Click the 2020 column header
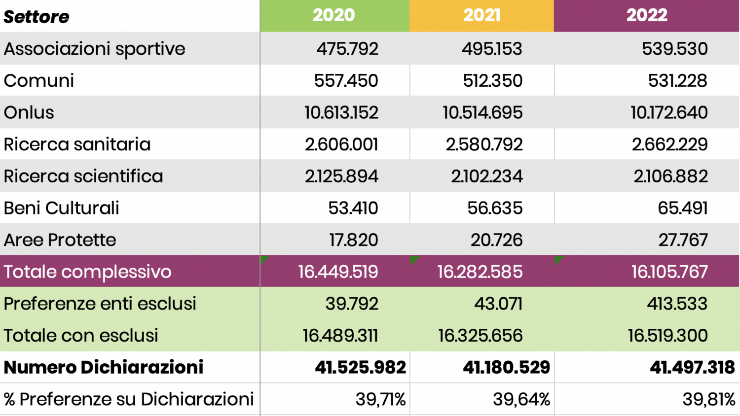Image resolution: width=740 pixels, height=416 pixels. coord(334,15)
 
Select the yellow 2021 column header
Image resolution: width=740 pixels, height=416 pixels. coord(482,15)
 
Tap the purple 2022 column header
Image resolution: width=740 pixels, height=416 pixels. coord(647,15)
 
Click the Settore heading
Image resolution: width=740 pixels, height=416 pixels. coord(37,17)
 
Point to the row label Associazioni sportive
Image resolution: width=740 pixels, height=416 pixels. coord(94,49)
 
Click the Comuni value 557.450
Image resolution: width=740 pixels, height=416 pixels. coord(346,81)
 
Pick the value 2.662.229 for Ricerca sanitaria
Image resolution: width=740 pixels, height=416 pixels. coord(669,144)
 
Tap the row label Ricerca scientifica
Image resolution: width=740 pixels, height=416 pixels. coord(83,176)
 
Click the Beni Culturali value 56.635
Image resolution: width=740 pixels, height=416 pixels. coord(495,208)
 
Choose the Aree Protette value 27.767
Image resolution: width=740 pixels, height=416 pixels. coord(683,240)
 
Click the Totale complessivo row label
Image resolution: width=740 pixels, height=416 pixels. coord(87,272)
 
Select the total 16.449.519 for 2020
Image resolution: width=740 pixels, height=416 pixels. coord(338,272)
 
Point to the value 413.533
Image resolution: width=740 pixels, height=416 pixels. coord(677,304)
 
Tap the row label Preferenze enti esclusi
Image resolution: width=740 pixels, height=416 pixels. coord(100,304)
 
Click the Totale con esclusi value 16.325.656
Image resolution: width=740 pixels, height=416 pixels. coord(480,336)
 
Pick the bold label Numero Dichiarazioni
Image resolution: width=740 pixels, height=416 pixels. coord(104,368)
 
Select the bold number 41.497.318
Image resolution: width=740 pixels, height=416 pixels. coord(692,368)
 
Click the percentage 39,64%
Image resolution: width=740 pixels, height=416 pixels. coord(521,399)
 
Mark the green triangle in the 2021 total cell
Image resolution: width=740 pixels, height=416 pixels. coord(413,260)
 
